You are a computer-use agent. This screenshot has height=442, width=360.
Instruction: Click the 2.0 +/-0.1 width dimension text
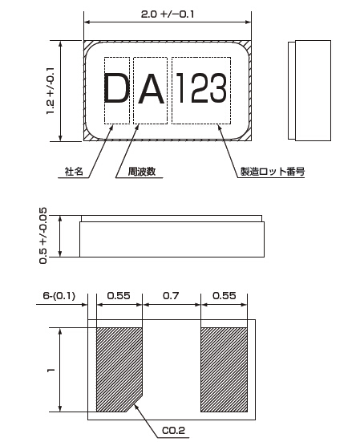(x=168, y=14)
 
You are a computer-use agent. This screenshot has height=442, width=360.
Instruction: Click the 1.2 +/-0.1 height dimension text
(x=51, y=91)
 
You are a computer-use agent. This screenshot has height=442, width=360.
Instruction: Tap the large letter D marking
(x=116, y=87)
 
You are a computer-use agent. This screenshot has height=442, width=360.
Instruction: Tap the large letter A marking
(x=151, y=89)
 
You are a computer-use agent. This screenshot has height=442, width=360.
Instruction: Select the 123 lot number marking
(x=201, y=87)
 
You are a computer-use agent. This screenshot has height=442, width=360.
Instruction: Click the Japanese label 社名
(x=74, y=172)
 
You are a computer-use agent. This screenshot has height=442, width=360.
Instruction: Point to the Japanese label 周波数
(x=142, y=172)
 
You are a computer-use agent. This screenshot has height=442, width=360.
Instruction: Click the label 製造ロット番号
(x=272, y=172)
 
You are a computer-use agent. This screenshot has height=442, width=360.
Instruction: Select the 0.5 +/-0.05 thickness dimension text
(x=42, y=236)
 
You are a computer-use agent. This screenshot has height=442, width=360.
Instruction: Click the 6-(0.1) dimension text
(x=59, y=296)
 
